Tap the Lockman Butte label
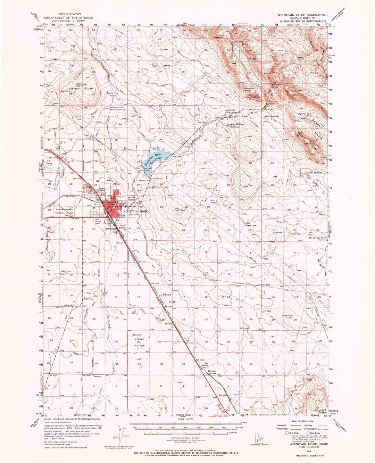point(80,89)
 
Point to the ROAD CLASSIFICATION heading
point(298,420)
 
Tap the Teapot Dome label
point(306,139)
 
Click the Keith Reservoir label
point(272,116)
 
